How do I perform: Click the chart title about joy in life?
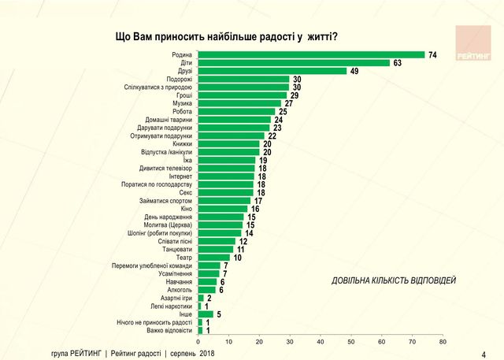point(226,37)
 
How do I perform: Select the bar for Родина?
point(310,54)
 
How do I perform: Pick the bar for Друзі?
point(272,71)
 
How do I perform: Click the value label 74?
point(432,54)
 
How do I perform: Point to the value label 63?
point(398,62)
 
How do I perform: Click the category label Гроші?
point(183,95)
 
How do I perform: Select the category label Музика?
point(182,103)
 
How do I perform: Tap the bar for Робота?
point(235,111)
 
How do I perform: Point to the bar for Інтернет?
point(225,176)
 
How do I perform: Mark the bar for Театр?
point(213,258)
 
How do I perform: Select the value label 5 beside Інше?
point(219,314)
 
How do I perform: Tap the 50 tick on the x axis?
point(351,342)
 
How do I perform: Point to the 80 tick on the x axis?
point(443,342)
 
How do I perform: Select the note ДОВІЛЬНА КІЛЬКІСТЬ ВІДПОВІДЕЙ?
point(393,281)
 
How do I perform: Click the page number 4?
point(484,354)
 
